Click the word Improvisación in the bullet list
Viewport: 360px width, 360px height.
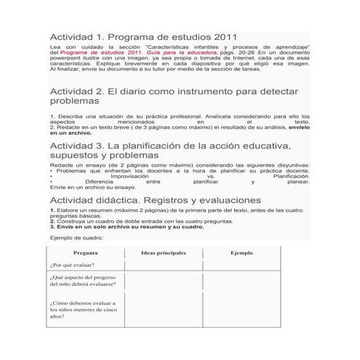pos(130,176)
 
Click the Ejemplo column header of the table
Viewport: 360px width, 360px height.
pos(241,252)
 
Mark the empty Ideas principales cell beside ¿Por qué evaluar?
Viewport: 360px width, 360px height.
pos(163,265)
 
